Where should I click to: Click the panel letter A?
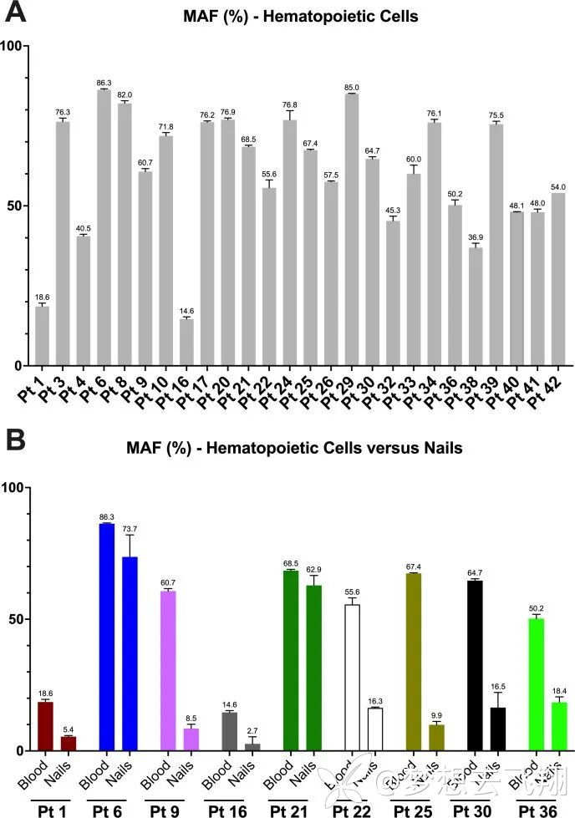tap(17, 13)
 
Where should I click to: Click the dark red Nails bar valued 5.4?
tap(68, 743)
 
